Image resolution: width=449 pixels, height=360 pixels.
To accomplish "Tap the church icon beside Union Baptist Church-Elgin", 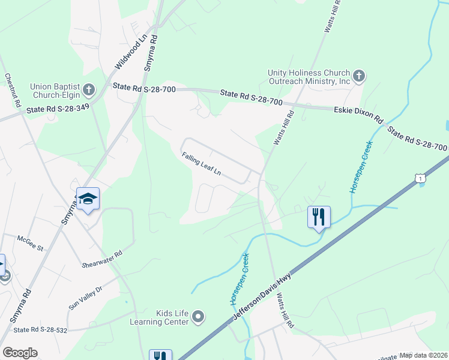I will tap(89, 91).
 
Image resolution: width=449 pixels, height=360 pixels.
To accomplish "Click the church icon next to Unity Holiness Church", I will tap(359, 76).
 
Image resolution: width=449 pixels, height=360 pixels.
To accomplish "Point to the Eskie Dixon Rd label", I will tap(358, 112).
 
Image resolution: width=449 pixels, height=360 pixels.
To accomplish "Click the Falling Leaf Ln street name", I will tap(202, 164).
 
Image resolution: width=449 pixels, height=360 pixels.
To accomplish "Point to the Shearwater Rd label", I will tap(102, 259).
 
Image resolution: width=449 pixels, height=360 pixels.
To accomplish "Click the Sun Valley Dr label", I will tap(86, 296).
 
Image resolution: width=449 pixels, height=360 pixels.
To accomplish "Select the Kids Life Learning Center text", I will tap(159, 317).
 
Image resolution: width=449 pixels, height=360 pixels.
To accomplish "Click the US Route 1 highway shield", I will tap(421, 178).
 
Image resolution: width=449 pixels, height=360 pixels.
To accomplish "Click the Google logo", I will tap(20, 353).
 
